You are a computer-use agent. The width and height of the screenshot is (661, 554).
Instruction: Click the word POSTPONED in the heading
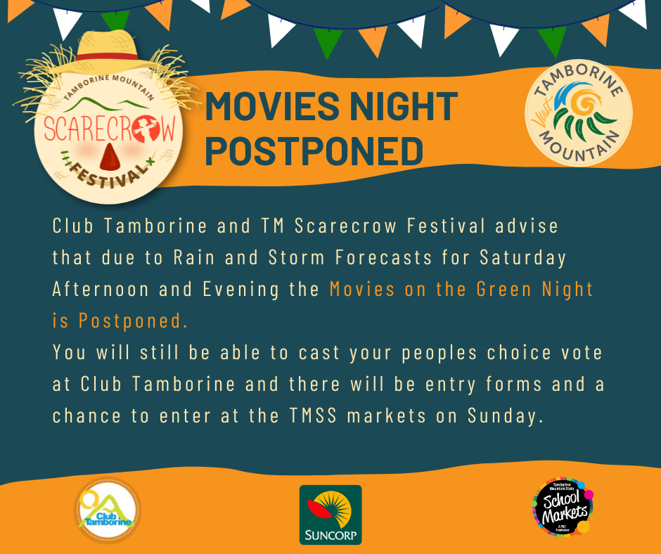(x=314, y=150)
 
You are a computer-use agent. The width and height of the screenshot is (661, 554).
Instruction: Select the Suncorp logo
(x=330, y=515)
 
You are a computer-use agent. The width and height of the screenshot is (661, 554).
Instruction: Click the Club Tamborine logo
(x=108, y=510)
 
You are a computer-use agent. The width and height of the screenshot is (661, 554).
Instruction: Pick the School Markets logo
(x=563, y=506)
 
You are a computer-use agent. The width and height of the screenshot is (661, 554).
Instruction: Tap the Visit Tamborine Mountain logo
(x=578, y=112)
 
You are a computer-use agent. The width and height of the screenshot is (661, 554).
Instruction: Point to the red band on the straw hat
(x=107, y=56)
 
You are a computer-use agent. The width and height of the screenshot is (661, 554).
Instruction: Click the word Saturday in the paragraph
(x=522, y=257)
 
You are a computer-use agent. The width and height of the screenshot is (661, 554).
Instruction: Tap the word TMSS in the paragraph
(x=314, y=416)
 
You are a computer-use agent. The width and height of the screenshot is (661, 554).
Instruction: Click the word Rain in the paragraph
(x=194, y=257)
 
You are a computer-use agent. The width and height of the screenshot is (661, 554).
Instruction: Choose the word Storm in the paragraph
(x=296, y=257)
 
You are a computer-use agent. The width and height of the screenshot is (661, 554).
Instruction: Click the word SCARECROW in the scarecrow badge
(x=109, y=129)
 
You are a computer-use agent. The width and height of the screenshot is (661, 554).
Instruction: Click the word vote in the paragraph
(x=582, y=352)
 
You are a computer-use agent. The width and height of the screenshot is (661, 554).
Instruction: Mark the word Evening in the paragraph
(x=240, y=290)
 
